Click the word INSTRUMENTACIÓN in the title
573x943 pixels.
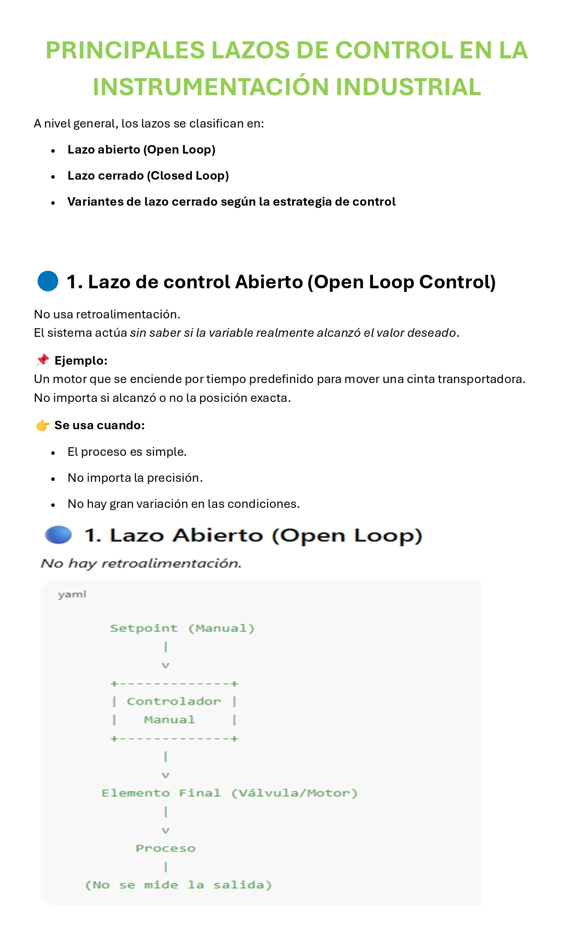(x=211, y=87)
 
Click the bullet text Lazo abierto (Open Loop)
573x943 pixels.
(x=142, y=150)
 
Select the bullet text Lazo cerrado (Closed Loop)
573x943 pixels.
(x=148, y=176)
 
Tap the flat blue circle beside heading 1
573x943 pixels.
(x=48, y=281)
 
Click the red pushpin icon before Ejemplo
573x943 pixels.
(x=43, y=360)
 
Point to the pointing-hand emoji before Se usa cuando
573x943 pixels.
(x=43, y=425)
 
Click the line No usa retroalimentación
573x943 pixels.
(x=107, y=314)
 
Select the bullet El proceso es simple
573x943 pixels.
(x=127, y=452)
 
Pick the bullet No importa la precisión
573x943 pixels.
(x=135, y=478)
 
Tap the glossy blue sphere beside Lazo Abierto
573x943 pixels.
(x=58, y=535)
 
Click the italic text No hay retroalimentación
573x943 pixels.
(x=141, y=563)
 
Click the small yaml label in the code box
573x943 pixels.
(x=72, y=595)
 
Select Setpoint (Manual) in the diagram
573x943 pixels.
(x=182, y=628)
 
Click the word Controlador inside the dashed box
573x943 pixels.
(x=174, y=701)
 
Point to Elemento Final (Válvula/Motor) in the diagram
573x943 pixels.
(x=229, y=793)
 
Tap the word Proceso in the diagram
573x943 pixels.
(x=165, y=848)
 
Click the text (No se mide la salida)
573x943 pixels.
(x=178, y=885)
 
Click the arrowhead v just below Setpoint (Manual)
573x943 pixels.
(x=165, y=665)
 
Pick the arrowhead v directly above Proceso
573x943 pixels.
(x=165, y=830)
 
